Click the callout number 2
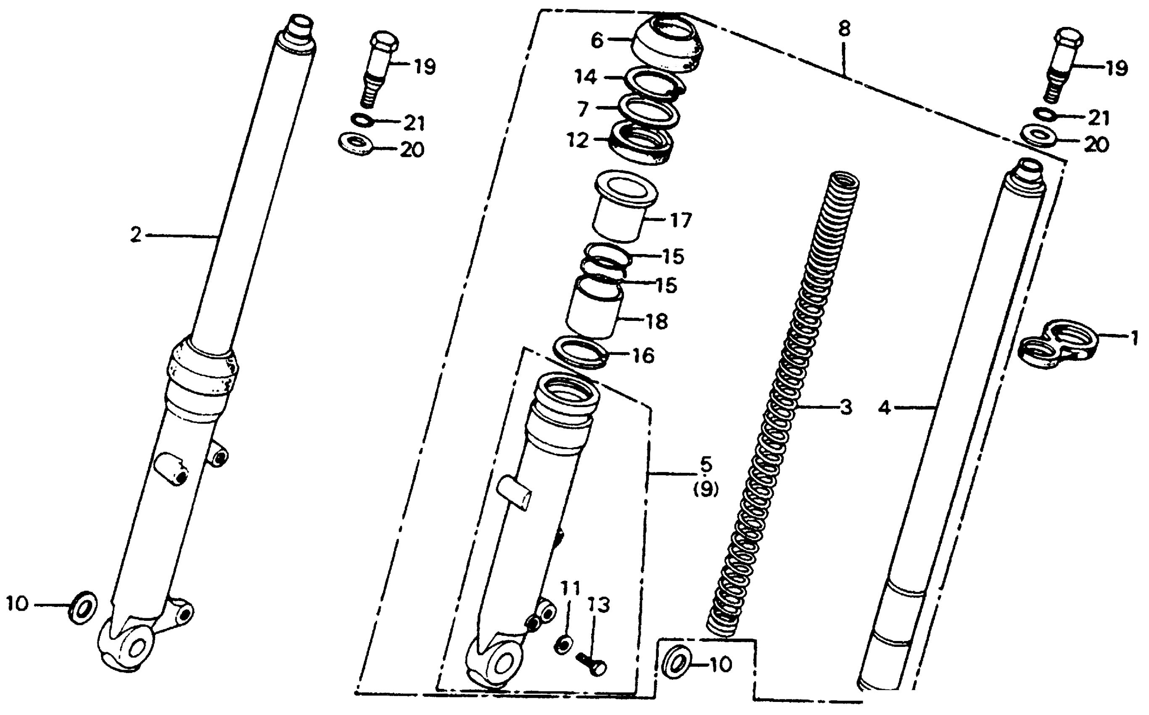tap(136, 235)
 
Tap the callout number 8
tap(844, 30)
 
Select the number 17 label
tap(681, 220)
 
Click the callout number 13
tap(598, 605)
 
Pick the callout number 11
tap(570, 589)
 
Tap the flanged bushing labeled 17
tap(619, 213)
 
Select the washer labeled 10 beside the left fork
tap(83, 607)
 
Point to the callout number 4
tap(884, 408)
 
